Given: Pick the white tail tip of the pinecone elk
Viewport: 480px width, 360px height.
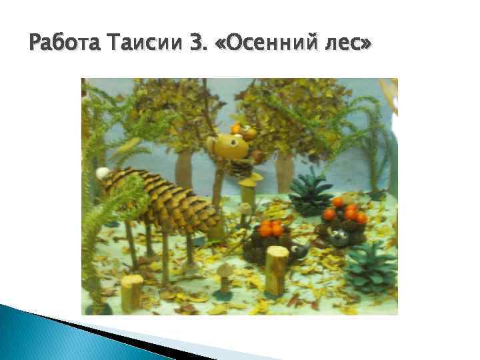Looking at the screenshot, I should (x=103, y=173).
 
